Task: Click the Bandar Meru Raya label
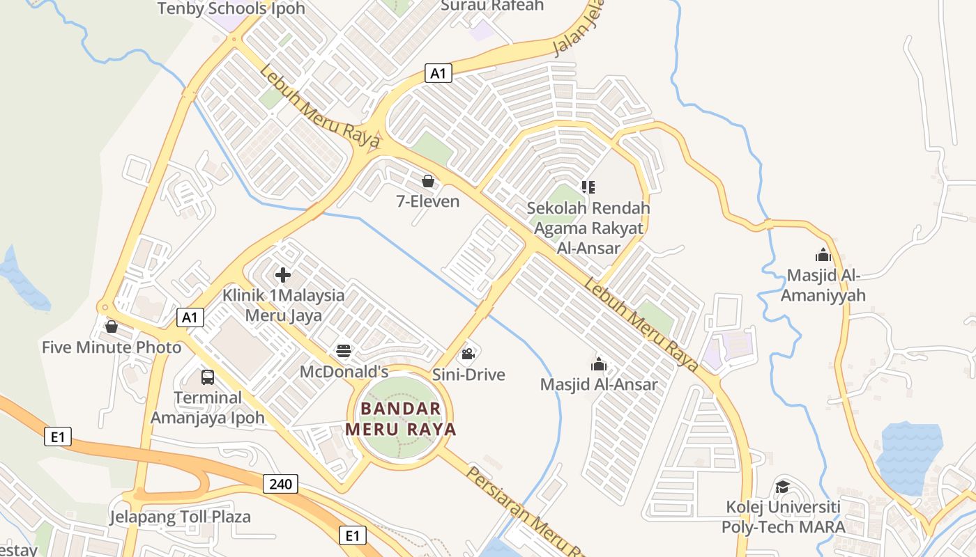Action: pos(401,418)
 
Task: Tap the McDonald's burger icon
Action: pos(344,351)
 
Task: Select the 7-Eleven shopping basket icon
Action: pos(428,181)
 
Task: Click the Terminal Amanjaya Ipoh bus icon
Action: pos(208,377)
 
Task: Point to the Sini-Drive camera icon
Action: pos(468,354)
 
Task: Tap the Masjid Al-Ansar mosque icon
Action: pos(599,363)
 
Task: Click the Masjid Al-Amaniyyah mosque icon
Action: pos(823,255)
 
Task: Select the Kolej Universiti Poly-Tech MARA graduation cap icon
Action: pos(782,486)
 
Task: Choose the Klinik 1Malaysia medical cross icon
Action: pos(283,274)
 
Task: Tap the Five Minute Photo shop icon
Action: pos(112,326)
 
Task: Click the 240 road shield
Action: pos(281,483)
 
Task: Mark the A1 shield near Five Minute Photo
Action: pos(190,317)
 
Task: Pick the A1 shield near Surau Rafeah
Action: pos(438,72)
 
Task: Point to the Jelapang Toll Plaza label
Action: pos(180,517)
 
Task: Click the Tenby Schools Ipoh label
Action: pos(231,8)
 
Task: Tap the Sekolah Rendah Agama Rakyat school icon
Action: pos(588,187)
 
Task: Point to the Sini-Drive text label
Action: pos(468,375)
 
